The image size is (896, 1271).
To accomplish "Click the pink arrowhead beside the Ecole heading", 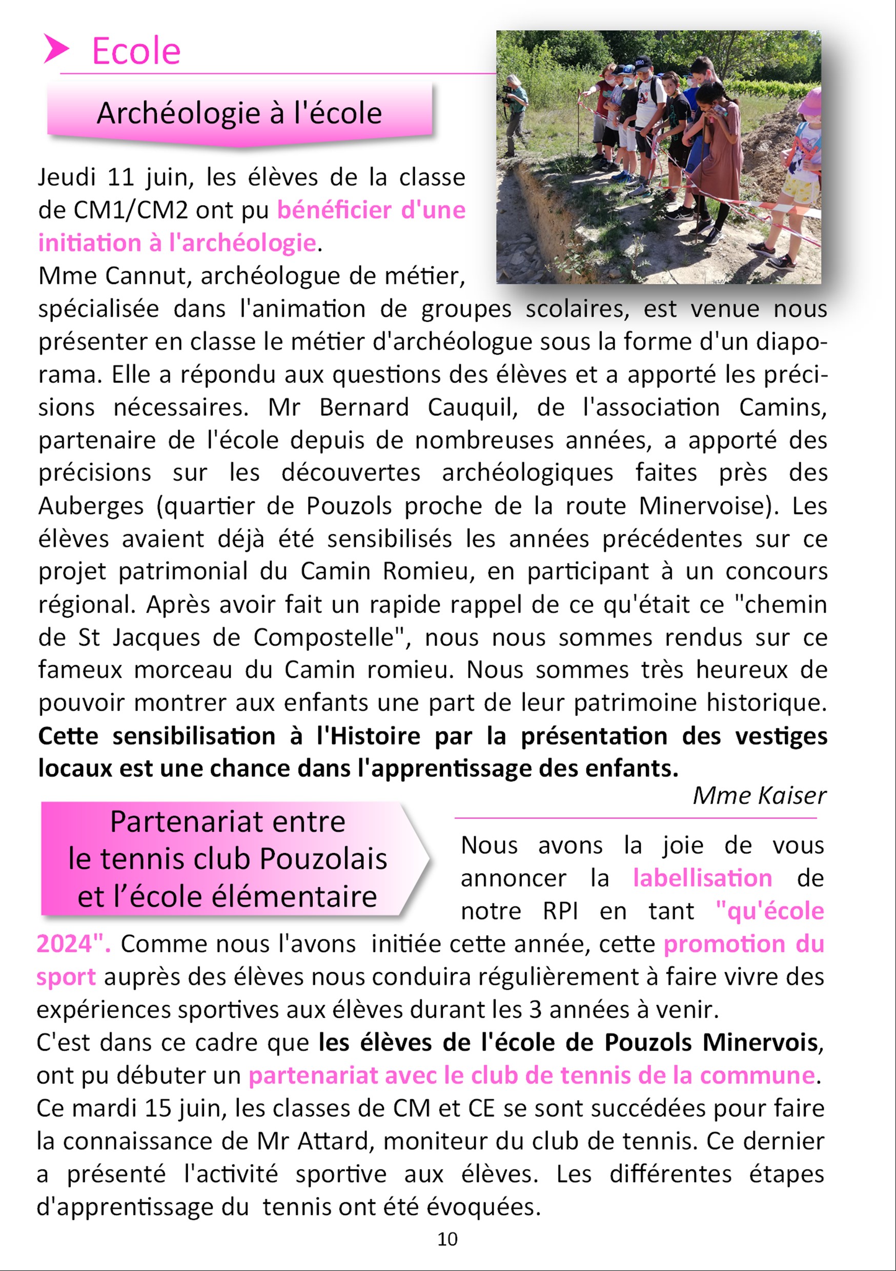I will click(x=56, y=49).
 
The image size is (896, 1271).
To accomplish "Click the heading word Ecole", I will click(x=136, y=51).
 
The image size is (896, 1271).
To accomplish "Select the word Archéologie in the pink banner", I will click(x=178, y=113).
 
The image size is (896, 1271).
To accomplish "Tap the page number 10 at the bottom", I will click(x=447, y=1239).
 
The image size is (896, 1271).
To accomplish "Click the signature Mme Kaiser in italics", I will click(x=759, y=796).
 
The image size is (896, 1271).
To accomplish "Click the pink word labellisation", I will click(x=702, y=878).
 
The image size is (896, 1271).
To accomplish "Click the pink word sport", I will click(x=66, y=977).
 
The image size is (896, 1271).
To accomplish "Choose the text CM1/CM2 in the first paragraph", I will click(x=131, y=210).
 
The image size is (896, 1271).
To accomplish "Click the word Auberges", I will click(x=91, y=506).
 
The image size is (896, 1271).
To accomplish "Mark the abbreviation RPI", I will click(x=560, y=911).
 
